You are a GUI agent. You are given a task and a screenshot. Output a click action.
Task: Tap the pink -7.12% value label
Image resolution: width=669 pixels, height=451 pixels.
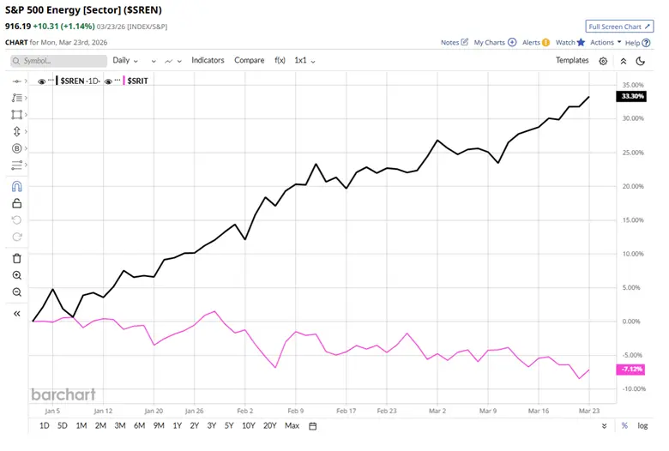point(630,370)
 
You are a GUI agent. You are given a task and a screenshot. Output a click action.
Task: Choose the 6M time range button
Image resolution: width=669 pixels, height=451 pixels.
point(139,426)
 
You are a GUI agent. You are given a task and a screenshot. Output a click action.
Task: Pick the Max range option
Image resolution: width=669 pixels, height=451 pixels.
point(292,426)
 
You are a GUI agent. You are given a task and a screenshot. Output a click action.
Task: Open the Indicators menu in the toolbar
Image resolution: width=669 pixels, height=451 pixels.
point(208,61)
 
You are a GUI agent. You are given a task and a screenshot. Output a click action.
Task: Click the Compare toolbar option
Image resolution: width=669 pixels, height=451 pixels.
point(250,61)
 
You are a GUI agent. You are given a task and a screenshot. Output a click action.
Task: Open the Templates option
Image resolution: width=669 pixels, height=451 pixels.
point(572,61)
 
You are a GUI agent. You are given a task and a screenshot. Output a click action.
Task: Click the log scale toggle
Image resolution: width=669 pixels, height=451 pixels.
point(643,426)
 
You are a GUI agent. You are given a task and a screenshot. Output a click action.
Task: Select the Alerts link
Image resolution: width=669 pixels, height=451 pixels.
point(536,42)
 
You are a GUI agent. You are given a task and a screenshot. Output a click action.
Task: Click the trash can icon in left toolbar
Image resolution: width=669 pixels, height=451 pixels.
point(17,258)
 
